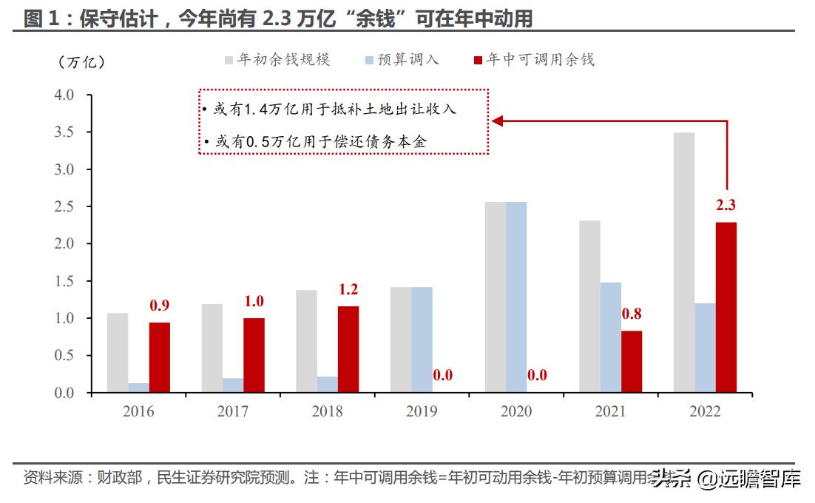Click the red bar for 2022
click(726, 307)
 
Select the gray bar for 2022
click(684, 263)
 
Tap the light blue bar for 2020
click(516, 297)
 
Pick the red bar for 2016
click(159, 357)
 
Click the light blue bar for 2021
click(610, 337)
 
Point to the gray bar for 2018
click(306, 341)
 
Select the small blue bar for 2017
click(233, 385)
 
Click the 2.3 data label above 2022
click(726, 206)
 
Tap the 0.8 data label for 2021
click(631, 314)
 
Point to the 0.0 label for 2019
click(442, 375)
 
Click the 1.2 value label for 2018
click(348, 290)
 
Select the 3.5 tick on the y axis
click(65, 132)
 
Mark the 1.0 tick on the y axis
click(65, 318)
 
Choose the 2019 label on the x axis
click(422, 411)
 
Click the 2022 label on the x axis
click(705, 411)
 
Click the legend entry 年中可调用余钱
click(540, 60)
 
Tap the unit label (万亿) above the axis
click(81, 62)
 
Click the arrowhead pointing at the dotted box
click(498, 121)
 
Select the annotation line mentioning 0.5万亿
click(318, 141)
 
